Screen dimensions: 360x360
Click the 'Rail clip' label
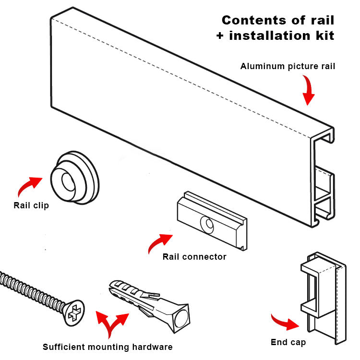coord(31,206)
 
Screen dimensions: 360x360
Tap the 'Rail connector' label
coord(194,257)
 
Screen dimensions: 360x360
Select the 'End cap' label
coord(288,342)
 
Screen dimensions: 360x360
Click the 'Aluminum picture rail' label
coord(288,66)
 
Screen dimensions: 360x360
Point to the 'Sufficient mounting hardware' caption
coord(108,347)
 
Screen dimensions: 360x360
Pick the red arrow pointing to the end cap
coord(285,323)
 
